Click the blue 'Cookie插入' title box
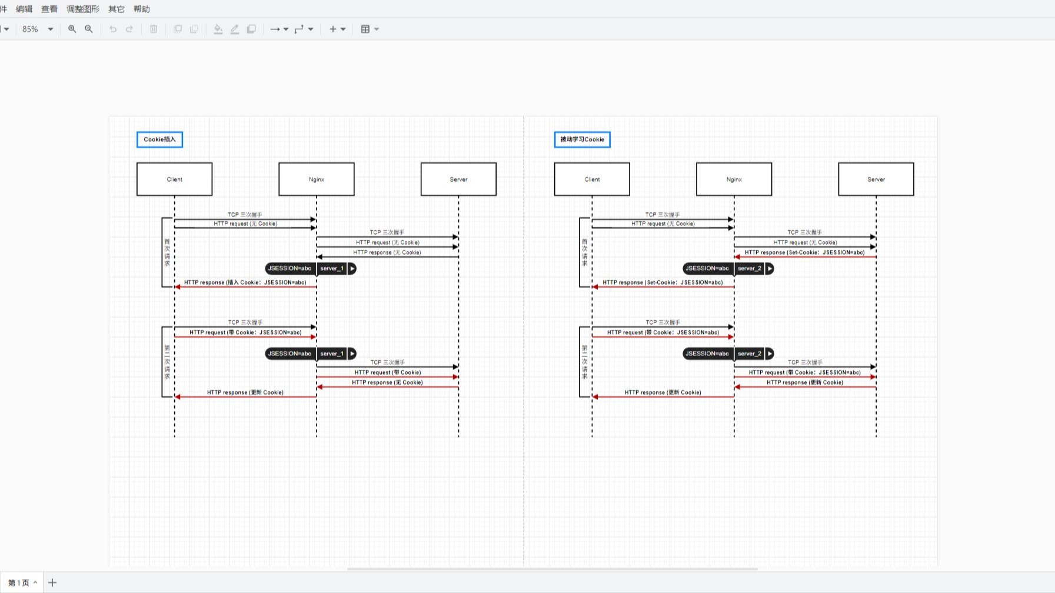159,139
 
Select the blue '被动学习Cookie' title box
582,139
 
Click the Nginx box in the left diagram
317,179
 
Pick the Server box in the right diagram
876,179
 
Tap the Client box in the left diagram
174,179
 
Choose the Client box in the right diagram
592,179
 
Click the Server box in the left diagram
458,179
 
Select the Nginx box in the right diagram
734,179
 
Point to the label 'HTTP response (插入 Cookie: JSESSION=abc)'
245,282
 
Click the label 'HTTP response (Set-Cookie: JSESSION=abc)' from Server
804,252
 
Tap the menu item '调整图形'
83,9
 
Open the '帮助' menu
142,9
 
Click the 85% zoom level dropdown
37,29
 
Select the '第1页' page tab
19,582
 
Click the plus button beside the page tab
52,582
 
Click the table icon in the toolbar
365,29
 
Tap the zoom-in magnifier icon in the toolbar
72,29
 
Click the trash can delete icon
154,29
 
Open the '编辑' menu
24,9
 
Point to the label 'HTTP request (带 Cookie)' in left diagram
387,372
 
